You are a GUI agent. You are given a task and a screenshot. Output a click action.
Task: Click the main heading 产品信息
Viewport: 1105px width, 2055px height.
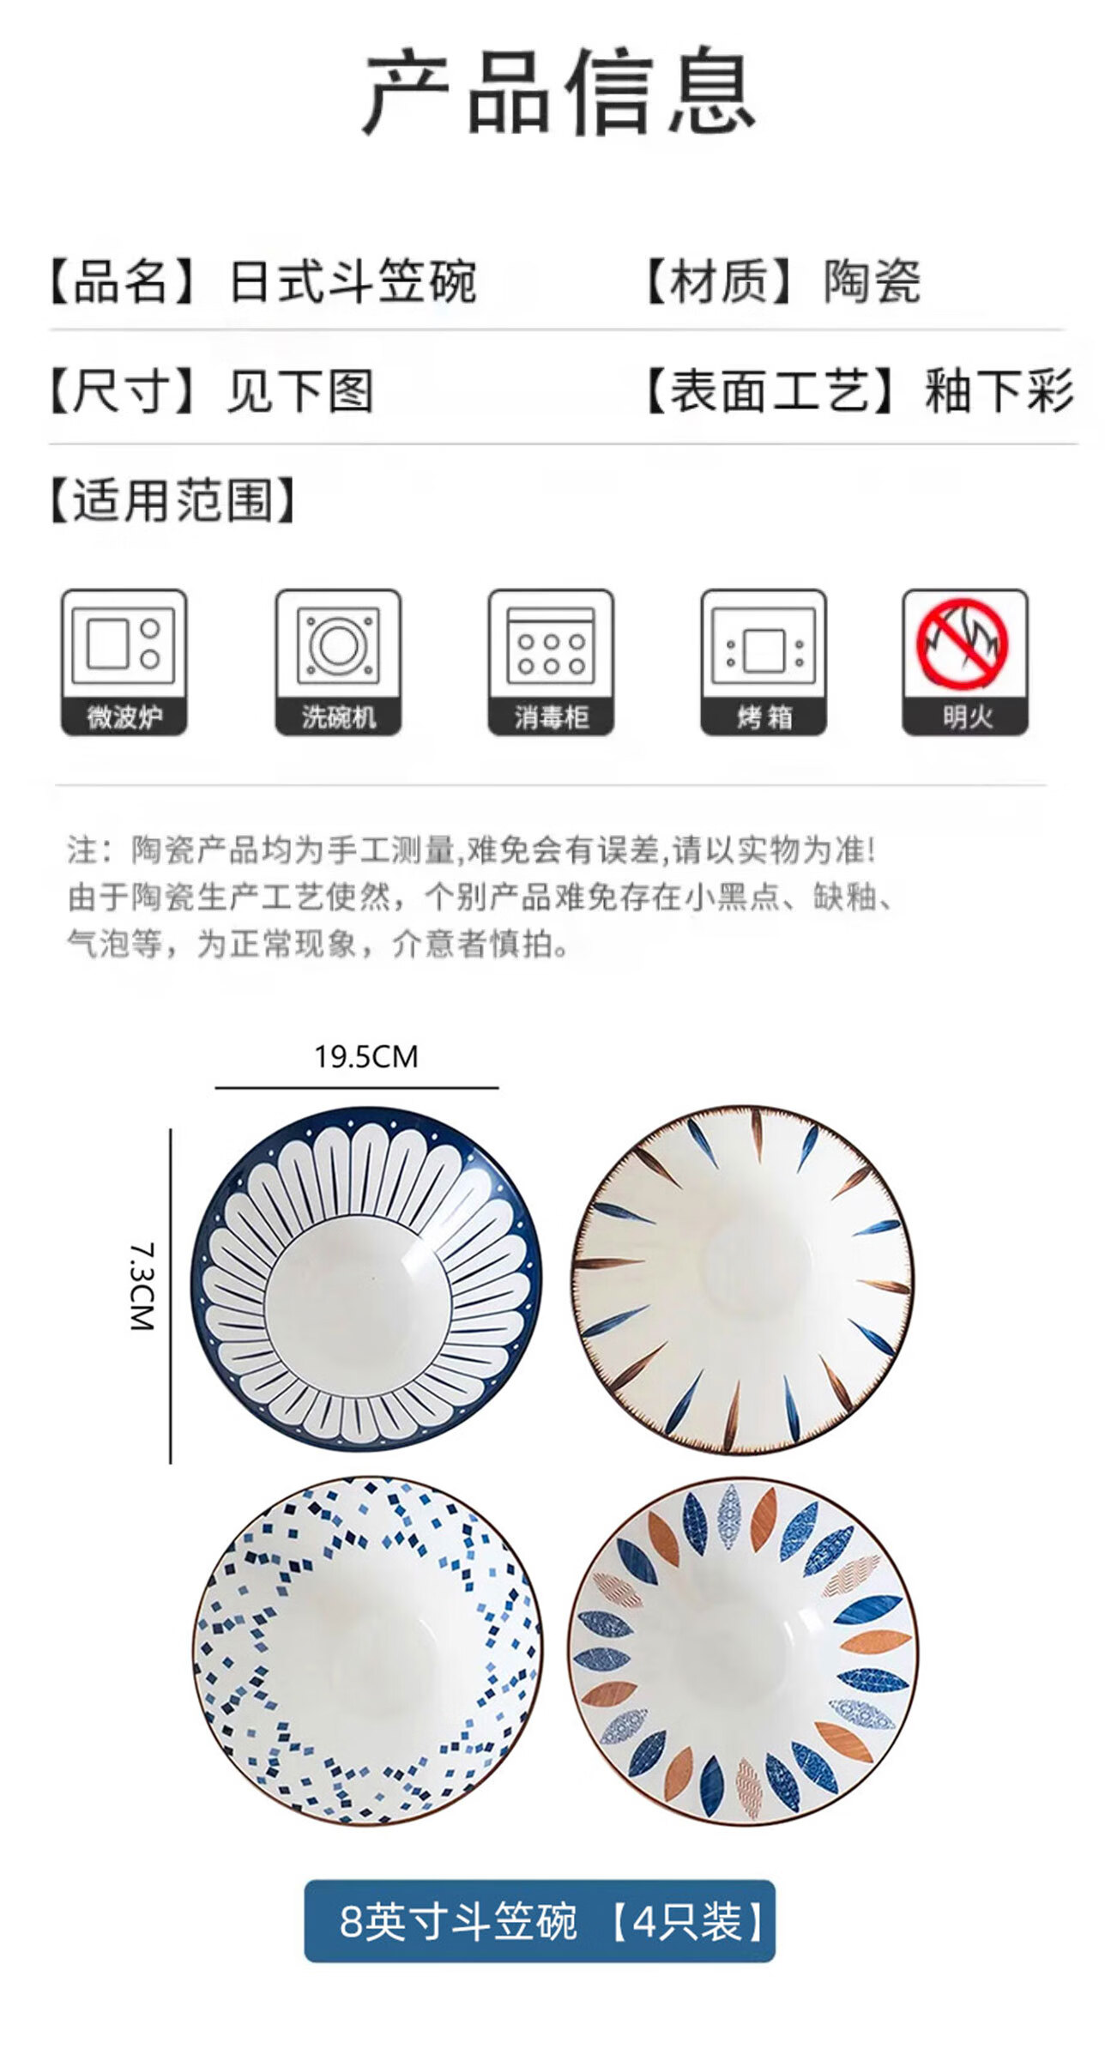click(559, 91)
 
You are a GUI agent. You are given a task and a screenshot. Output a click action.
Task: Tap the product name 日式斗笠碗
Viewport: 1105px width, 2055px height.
click(353, 281)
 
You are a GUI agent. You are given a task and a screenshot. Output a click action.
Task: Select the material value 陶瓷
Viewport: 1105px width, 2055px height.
click(873, 281)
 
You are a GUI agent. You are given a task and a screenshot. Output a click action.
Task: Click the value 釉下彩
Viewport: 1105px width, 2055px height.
click(999, 391)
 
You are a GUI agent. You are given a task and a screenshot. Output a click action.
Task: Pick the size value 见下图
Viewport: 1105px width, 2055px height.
click(300, 391)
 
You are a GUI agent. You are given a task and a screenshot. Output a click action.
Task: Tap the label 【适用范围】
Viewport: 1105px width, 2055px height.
click(172, 500)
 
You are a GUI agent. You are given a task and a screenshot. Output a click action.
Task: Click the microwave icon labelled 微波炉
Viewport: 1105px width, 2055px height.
click(124, 662)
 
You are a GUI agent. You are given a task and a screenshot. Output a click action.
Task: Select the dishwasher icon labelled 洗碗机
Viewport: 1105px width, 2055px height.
click(338, 662)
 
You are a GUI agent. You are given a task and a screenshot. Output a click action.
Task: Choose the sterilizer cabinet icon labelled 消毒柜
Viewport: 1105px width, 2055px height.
click(551, 662)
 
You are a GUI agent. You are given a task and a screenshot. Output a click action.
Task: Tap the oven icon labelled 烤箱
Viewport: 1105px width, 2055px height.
click(764, 662)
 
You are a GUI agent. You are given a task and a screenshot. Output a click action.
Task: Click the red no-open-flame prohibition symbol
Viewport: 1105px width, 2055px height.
click(963, 644)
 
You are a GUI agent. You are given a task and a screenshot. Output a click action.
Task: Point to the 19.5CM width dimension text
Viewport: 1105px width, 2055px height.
click(366, 1056)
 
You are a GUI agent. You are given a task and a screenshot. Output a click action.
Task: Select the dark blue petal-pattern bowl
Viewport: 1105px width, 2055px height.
click(366, 1278)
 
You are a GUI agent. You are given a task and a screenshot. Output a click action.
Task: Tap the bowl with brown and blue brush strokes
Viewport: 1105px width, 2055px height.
click(743, 1278)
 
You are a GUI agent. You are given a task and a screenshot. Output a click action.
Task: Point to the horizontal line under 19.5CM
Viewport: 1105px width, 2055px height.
click(357, 1087)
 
